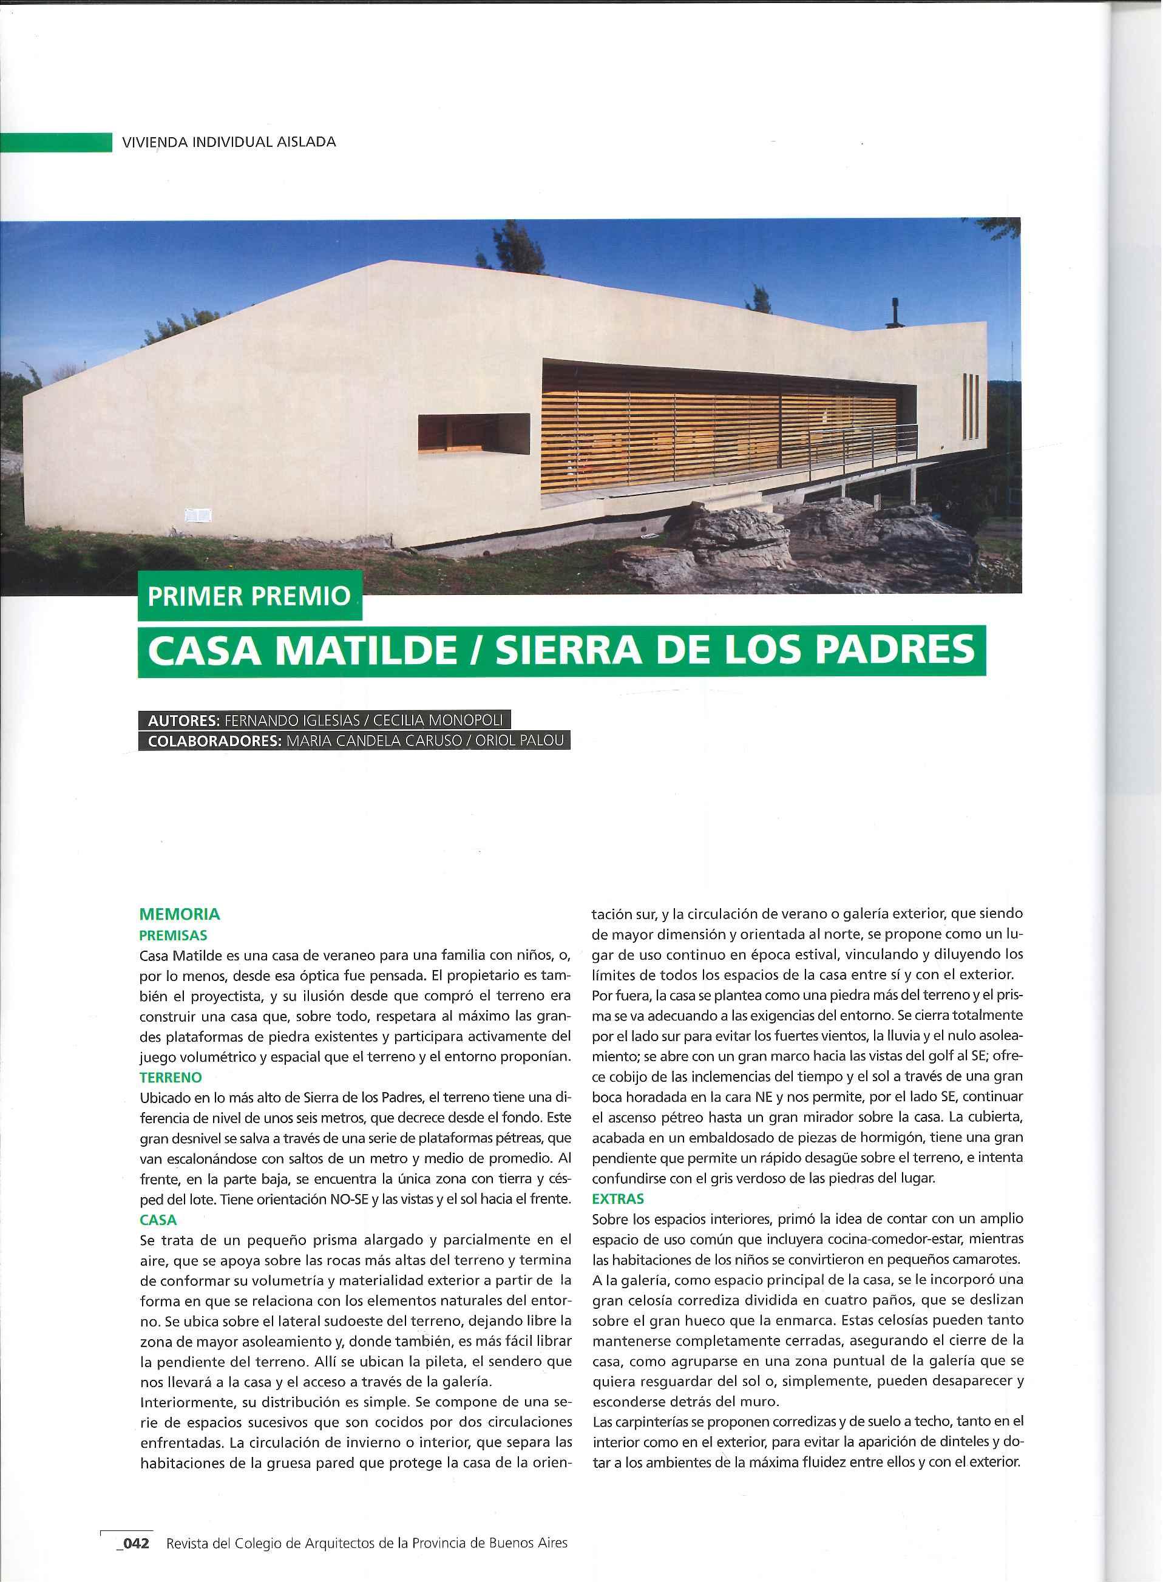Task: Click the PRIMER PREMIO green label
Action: coord(249,597)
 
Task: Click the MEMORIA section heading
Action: coord(180,915)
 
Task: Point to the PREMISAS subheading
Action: coord(173,935)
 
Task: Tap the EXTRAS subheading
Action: coord(618,1198)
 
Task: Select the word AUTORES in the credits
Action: coord(182,721)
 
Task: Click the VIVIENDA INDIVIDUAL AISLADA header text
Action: coord(229,141)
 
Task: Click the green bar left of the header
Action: coord(56,142)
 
